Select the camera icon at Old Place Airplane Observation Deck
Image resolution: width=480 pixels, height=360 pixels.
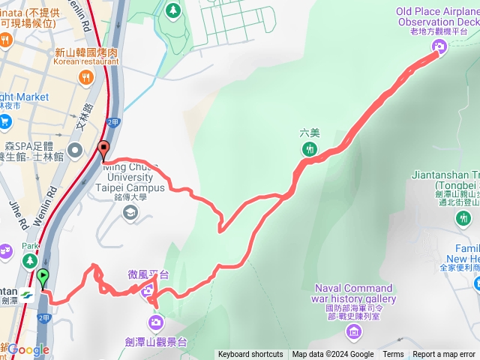tap(439, 47)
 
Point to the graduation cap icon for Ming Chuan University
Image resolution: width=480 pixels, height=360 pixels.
tap(130, 213)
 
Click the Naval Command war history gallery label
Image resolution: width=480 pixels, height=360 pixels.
tap(354, 293)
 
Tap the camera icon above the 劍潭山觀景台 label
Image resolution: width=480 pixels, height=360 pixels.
tap(156, 323)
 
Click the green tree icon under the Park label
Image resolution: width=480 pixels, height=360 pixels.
tap(29, 260)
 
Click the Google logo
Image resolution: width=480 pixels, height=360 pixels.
tap(28, 349)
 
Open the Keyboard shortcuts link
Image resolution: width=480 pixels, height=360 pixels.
tap(250, 355)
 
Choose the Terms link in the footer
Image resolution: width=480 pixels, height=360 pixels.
tap(393, 355)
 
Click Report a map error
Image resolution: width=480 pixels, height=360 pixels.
tap(444, 355)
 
